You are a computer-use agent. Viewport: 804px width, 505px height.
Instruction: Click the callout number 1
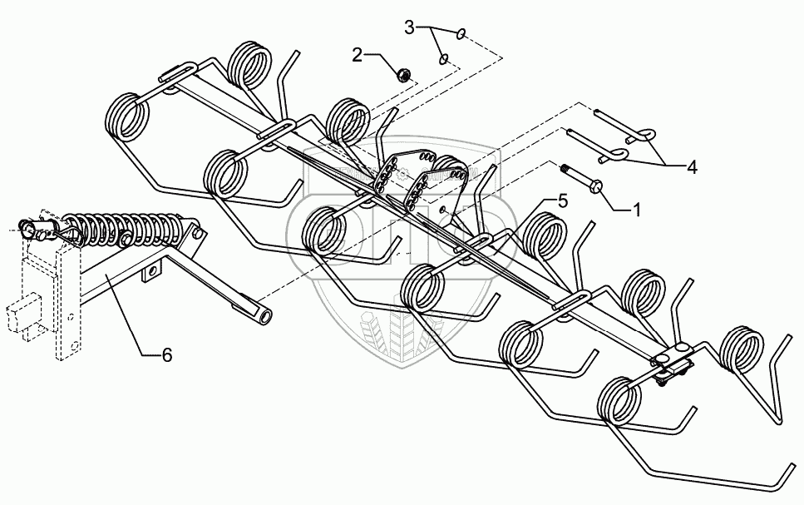(636, 210)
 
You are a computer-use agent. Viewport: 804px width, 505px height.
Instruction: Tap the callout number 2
(358, 55)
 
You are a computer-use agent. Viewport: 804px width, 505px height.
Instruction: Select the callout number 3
(409, 27)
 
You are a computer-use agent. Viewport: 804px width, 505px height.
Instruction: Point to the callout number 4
(691, 166)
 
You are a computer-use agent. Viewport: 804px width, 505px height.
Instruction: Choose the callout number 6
(166, 354)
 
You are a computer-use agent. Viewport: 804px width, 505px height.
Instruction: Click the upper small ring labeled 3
(461, 34)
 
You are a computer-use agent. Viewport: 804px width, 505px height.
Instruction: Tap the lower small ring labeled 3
(445, 59)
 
